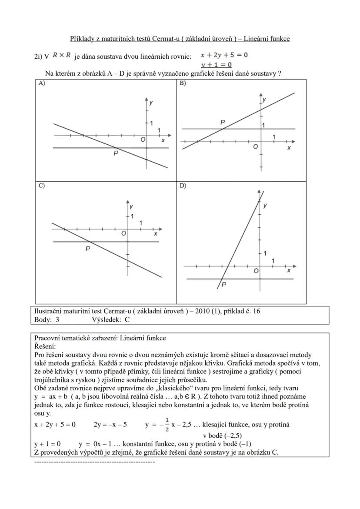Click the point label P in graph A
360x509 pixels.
pos(116,153)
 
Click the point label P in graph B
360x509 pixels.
pos(223,123)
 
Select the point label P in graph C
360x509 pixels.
pos(87,249)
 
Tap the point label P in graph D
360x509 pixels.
pos(224,285)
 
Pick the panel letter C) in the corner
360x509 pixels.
pos(42,185)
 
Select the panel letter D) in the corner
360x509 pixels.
pos(183,185)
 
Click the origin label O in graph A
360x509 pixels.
pos(142,140)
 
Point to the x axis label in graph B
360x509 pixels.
pos(289,148)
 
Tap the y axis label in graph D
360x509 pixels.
pos(265,205)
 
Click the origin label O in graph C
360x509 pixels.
pos(123,233)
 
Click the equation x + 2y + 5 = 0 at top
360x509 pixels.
pos(224,55)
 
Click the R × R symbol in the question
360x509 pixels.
pos(61,55)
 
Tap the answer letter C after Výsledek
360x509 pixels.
pos(127,319)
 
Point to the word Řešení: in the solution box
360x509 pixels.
pos(45,346)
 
